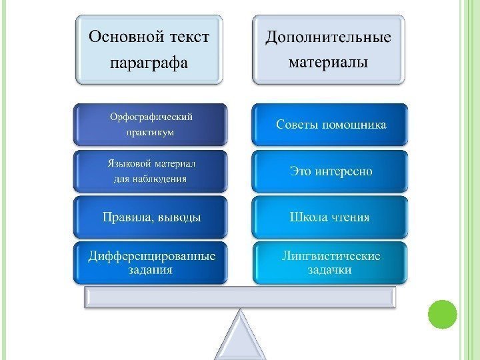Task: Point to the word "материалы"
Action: point(329,64)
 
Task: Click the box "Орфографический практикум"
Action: point(150,124)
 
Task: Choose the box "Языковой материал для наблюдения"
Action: point(150,171)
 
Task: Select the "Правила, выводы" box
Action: point(150,217)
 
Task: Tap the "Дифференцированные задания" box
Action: point(150,263)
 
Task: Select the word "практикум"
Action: point(150,132)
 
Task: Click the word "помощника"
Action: point(353,125)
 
